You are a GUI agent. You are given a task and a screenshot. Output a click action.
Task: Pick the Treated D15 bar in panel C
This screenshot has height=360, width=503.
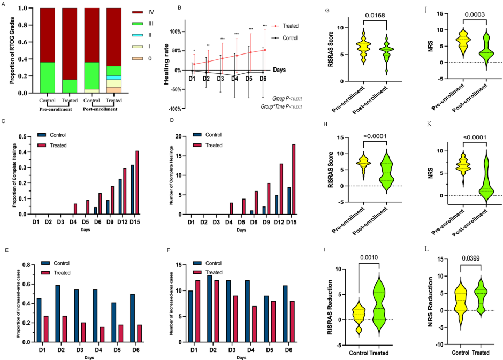pyautogui.click(x=138, y=182)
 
